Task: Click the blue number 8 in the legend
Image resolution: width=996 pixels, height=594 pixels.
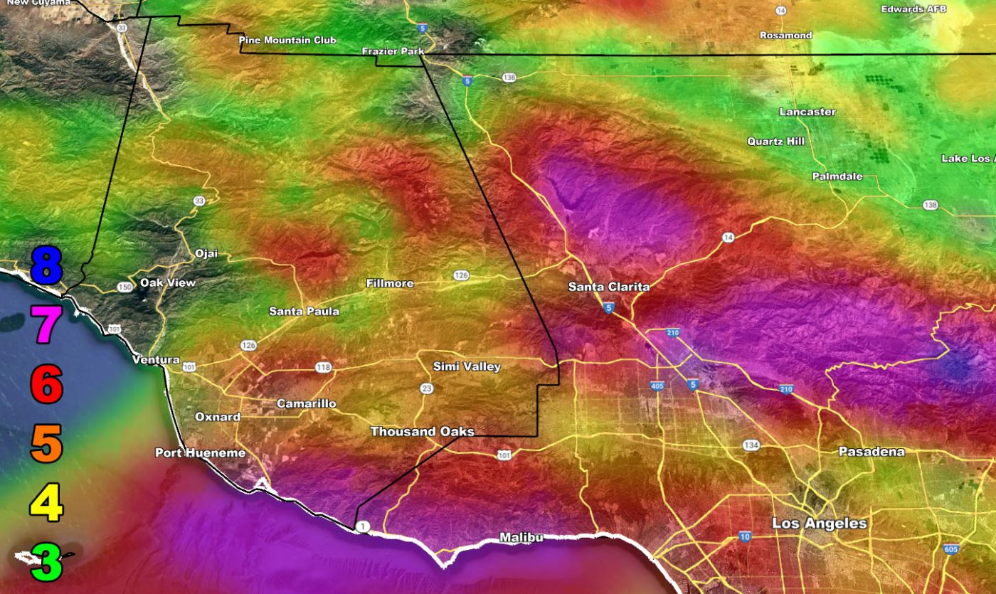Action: coord(46,265)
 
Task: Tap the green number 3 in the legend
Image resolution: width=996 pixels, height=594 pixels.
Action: coord(46,562)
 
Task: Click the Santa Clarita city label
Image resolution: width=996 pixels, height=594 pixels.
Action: coord(609,287)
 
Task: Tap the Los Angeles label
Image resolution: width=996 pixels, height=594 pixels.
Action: coord(820,524)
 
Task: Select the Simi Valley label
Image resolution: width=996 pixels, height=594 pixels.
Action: coord(467,367)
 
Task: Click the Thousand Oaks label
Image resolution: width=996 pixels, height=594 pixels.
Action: coord(422,432)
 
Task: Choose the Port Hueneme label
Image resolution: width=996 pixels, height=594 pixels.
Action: coord(200,453)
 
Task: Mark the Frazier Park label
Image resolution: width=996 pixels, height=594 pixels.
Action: coord(393,51)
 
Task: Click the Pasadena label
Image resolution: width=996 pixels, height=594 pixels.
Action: coord(871,452)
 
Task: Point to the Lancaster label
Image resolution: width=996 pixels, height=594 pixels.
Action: coord(807,112)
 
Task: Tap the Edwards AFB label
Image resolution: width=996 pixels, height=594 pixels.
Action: coord(913,9)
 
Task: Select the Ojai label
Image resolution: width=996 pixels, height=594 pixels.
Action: coord(206,254)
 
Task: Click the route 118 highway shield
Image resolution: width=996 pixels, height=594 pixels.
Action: coord(323,367)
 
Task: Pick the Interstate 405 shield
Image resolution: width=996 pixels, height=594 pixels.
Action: coord(657,386)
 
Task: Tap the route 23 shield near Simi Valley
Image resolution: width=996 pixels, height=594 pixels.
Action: coord(426,388)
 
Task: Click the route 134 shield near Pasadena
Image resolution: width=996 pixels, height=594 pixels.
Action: coord(751,445)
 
